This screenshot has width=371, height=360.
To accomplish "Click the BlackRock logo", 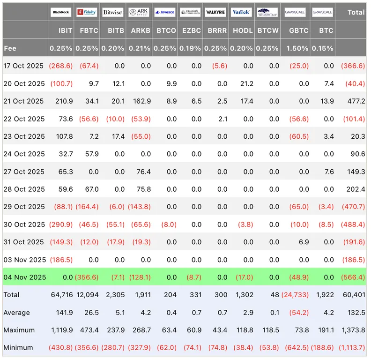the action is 61,12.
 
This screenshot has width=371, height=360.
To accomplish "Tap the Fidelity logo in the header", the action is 87,12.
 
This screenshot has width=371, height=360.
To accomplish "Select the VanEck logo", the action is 241,12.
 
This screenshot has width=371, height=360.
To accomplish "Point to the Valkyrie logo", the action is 215,12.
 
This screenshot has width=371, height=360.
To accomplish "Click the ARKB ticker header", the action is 141,30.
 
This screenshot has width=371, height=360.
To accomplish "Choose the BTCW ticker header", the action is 268,30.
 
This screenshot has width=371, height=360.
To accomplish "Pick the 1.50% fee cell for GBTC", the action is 297,48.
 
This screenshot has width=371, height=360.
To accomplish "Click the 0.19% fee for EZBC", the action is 190,48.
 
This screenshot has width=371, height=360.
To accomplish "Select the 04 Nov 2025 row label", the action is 25,277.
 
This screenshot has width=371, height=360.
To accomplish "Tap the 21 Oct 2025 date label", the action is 23,101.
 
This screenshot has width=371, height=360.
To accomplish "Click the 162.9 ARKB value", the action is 142,101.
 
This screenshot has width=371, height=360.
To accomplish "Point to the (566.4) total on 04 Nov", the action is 353,277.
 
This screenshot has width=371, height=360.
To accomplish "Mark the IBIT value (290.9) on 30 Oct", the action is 61,224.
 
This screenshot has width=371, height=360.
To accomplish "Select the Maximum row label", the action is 19,330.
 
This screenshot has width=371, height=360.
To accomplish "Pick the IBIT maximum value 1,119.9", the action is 62,330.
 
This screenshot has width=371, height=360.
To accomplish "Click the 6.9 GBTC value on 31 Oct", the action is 304,242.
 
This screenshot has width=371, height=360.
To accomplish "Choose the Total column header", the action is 356,12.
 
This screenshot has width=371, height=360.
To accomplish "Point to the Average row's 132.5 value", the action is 356,313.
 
